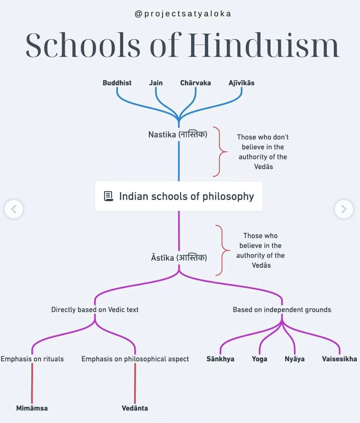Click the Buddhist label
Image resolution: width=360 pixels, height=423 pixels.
(x=117, y=83)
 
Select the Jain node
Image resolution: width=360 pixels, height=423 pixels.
(x=156, y=83)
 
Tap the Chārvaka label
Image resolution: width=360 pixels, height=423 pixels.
(x=195, y=83)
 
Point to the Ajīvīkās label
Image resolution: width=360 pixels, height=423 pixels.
(x=242, y=83)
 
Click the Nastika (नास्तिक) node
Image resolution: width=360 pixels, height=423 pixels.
(x=178, y=135)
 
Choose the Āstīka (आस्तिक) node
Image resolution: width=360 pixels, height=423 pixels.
(x=179, y=258)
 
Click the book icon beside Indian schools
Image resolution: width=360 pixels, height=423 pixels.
(x=109, y=196)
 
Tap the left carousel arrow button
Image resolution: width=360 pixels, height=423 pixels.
(x=14, y=209)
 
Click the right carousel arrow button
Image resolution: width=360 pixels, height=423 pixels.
(x=344, y=209)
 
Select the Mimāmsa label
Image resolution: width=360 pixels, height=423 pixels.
(x=32, y=408)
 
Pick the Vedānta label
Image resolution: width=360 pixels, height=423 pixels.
(x=135, y=408)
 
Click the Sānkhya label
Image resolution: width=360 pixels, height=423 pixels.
(x=220, y=359)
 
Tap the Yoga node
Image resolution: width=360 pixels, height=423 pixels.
(x=259, y=359)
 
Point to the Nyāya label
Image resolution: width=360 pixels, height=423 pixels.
(x=295, y=359)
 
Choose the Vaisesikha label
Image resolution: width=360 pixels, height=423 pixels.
(x=339, y=359)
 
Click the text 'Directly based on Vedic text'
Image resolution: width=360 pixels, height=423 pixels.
(x=95, y=310)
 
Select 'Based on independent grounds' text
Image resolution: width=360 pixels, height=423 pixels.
(x=282, y=310)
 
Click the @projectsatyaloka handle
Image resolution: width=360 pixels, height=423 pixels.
(x=183, y=14)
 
